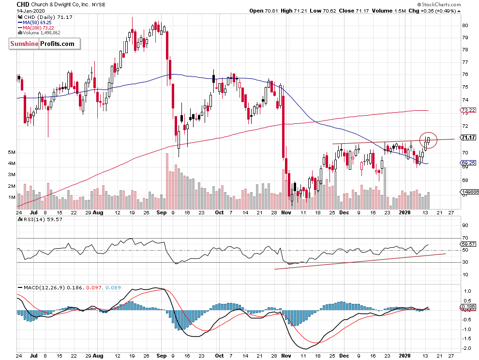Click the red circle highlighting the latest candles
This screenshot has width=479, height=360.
tap(428, 140)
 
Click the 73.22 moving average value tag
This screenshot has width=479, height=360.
tap(466, 110)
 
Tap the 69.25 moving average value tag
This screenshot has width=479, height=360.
tap(466, 164)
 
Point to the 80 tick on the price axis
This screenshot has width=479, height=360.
tap(464, 25)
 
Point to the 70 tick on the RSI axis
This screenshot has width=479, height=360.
tap(465, 238)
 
